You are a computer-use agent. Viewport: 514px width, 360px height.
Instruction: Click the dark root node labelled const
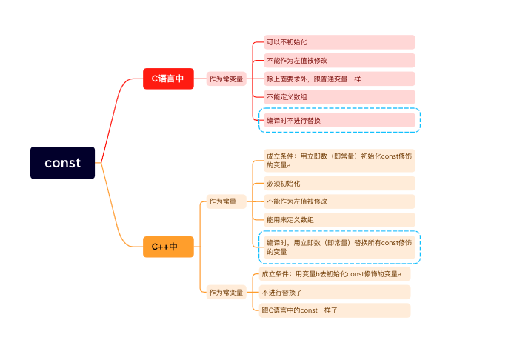point(63,163)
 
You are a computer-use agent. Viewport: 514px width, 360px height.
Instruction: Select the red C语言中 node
point(168,78)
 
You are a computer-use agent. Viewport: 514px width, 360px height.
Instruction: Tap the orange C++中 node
point(168,247)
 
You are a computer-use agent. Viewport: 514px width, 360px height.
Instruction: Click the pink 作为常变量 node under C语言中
point(226,79)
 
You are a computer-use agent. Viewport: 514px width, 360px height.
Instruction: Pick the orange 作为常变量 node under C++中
point(226,292)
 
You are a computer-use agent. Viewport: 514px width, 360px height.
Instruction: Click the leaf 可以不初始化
point(338,42)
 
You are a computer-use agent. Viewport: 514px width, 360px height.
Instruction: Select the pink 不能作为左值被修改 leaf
point(338,61)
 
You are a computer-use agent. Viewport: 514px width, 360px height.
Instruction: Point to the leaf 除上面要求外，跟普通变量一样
point(338,79)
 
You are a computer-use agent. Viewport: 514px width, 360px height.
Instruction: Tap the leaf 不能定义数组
point(338,97)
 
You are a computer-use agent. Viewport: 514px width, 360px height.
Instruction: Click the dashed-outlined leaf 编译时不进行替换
point(338,120)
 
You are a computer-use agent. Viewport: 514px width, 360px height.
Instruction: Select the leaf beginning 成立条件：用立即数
point(338,161)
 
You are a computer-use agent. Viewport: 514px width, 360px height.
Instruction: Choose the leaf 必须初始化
point(338,183)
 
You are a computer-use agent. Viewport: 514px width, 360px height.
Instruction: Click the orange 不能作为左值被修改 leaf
point(338,201)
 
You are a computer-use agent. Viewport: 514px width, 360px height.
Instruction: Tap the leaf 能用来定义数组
point(338,219)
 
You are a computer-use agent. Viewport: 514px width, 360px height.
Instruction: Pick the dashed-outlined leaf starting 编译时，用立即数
point(338,247)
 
